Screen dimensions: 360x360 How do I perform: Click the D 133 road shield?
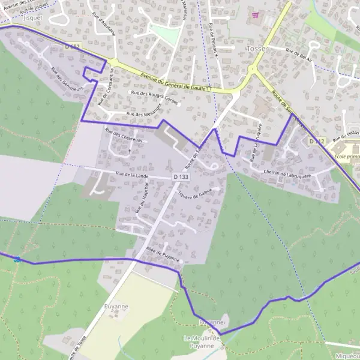tap(181, 177)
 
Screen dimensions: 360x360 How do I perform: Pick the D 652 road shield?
tap(71, 46)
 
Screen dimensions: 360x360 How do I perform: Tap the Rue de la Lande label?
tap(132, 175)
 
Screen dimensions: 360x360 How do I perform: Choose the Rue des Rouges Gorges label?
tap(155, 98)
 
